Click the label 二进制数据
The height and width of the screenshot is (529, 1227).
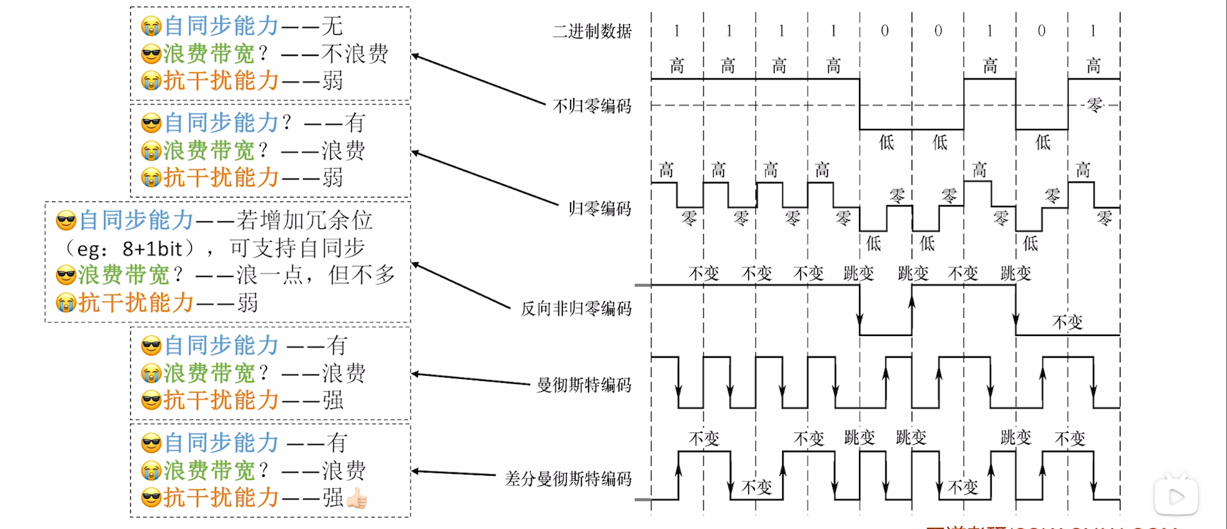point(592,31)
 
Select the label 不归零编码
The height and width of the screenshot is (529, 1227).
point(592,106)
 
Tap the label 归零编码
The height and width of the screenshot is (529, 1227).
point(599,208)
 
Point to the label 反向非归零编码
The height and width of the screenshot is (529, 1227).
point(576,308)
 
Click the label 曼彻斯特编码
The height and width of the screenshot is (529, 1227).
point(583,385)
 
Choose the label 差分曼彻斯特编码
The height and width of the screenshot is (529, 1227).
point(568,479)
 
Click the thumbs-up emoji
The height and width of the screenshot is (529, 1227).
point(357,498)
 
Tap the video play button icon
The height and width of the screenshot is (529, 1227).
point(1176,496)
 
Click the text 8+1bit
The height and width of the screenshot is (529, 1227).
point(153,248)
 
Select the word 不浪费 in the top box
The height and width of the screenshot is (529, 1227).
point(355,54)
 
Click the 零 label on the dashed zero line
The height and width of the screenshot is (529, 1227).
point(1095,105)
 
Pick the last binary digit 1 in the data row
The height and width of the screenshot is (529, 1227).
point(1093,31)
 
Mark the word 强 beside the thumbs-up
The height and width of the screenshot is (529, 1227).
point(333,498)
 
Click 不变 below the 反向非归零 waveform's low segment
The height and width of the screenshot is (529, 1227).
point(1067,322)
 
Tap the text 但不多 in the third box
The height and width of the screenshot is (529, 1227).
point(362,275)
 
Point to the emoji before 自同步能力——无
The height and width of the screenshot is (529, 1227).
point(151,27)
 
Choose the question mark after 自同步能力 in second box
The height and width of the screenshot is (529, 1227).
point(286,122)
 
